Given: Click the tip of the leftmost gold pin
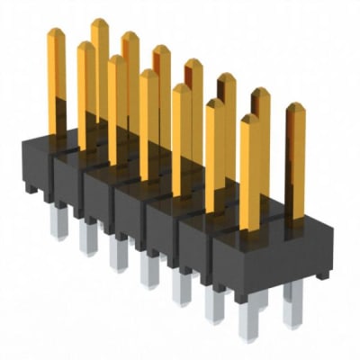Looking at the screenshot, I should click(x=56, y=33).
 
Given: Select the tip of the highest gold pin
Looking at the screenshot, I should click(x=99, y=23).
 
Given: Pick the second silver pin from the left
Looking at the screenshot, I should click(x=88, y=238).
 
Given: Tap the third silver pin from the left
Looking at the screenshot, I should click(x=118, y=254).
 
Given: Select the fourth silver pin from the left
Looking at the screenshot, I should click(x=149, y=270).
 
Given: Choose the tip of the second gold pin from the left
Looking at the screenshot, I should click(x=85, y=47).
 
